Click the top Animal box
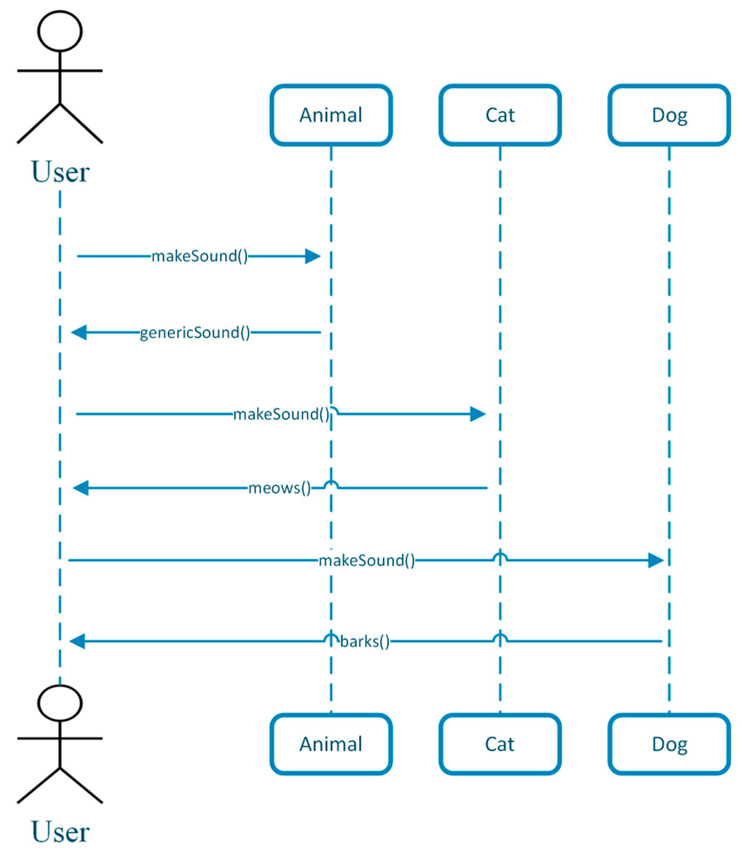[331, 115]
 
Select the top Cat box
[500, 115]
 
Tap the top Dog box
[669, 115]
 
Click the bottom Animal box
[331, 744]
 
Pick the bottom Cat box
[500, 744]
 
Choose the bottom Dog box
[669, 744]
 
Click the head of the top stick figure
[60, 31]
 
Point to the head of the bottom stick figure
[60, 703]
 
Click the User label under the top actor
[60, 172]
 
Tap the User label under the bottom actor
[60, 831]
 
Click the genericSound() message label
[195, 333]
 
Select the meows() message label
[279, 488]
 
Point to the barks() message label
[364, 641]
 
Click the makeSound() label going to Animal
[200, 256]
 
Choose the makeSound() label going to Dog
[367, 560]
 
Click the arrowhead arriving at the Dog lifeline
[655, 560]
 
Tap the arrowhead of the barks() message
[77, 641]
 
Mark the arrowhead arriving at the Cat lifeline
[478, 414]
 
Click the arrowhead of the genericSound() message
[79, 332]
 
